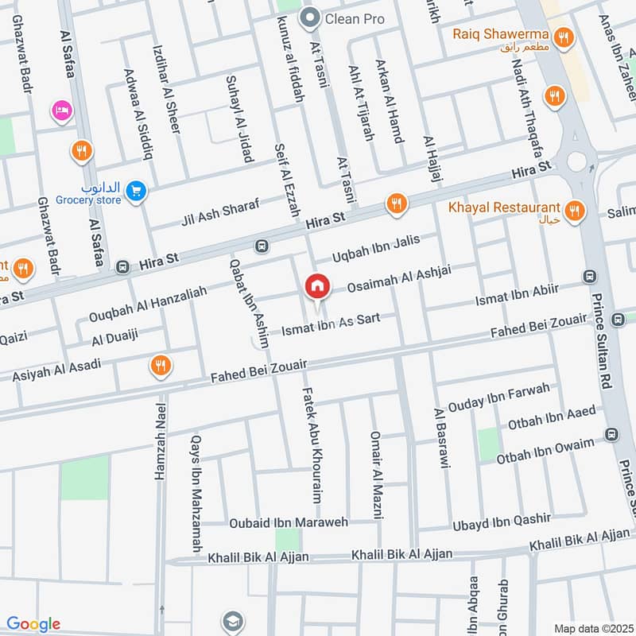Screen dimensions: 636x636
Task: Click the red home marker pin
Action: (x=316, y=285)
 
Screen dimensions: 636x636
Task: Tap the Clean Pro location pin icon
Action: (x=308, y=16)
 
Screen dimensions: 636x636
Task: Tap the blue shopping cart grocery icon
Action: (x=137, y=191)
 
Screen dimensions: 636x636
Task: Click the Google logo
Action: (x=33, y=624)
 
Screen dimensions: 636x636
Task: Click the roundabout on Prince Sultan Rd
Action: (x=576, y=161)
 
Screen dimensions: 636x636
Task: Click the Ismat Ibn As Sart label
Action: (x=326, y=324)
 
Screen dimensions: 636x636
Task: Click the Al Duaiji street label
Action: (x=114, y=337)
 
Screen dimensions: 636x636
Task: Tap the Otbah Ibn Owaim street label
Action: (x=545, y=451)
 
